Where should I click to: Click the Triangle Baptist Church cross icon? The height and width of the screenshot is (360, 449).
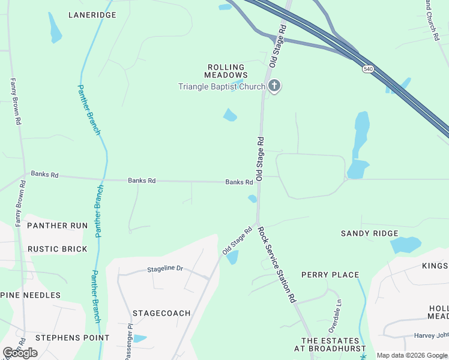coord(274,86)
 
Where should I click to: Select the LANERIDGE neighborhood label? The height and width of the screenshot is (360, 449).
coord(92,14)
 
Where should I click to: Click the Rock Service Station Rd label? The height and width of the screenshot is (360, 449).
coord(277,264)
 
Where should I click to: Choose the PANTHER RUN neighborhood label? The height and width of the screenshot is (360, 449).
coord(58,226)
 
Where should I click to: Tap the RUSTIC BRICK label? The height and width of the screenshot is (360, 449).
coord(58,249)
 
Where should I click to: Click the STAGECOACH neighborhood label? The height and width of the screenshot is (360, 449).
coord(161,313)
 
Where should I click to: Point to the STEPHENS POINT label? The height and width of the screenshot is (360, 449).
coord(72,338)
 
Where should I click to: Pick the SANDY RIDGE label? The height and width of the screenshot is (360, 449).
coord(369,233)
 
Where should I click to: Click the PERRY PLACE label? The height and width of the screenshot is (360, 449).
coord(330,275)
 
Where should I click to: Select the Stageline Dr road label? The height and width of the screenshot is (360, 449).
coord(164,269)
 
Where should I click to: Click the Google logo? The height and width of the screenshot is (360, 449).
coord(20,353)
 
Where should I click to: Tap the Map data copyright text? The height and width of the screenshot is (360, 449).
coord(411,355)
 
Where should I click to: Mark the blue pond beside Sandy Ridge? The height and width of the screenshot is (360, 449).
coord(406,245)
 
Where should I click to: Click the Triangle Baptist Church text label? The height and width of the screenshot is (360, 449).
coord(221,86)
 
